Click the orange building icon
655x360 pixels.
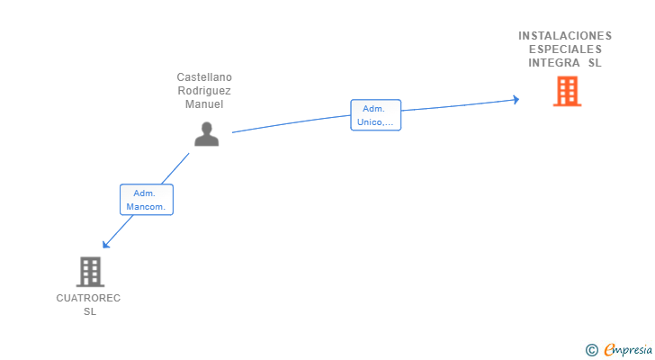point(567,91)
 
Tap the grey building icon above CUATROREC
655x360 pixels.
point(90,271)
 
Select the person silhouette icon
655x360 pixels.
point(207,134)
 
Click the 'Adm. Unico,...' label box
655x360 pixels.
point(375,115)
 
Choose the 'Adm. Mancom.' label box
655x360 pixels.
point(147,200)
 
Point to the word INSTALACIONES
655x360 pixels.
point(565,36)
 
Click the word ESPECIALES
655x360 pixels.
point(565,49)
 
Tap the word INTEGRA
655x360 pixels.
point(554,63)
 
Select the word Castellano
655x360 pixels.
point(204,77)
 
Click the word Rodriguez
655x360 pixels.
point(204,91)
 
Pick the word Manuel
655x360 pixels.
point(204,104)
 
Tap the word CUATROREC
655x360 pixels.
point(88,298)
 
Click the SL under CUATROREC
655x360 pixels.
point(89,311)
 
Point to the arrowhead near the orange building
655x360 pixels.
point(516,99)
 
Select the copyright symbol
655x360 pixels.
point(591,350)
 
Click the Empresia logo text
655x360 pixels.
point(628,349)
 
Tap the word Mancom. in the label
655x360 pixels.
point(147,207)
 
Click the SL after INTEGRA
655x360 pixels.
point(595,63)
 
